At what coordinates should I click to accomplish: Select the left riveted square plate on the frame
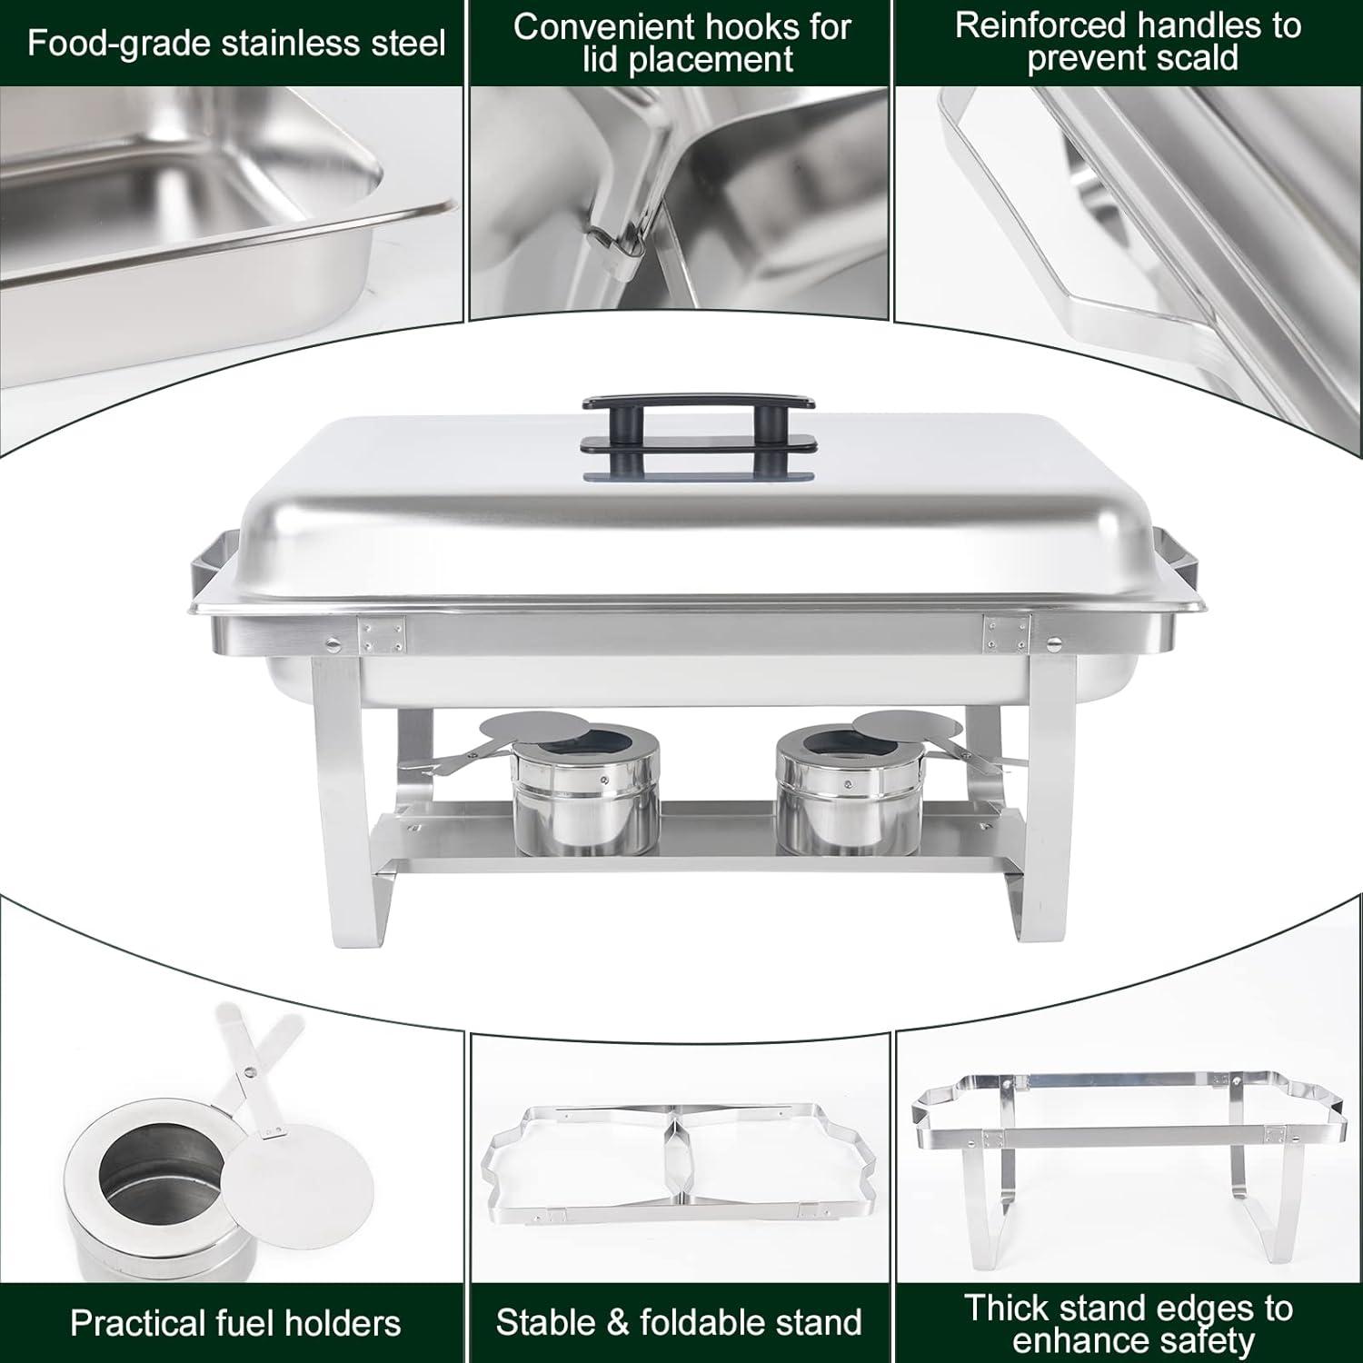[x=382, y=633]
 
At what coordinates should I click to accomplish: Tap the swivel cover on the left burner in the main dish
[x=522, y=728]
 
